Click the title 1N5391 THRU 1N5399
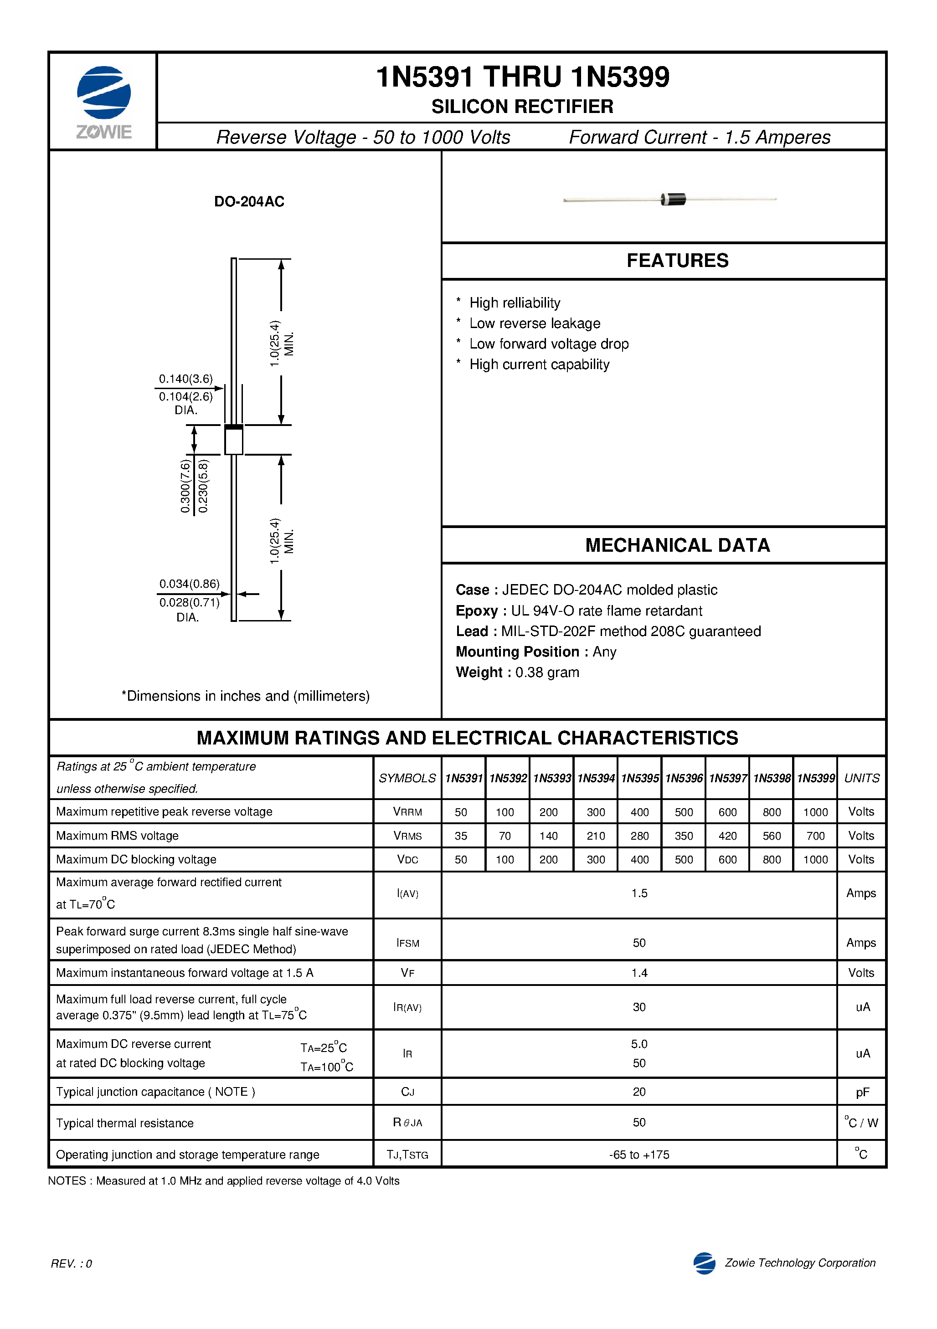[x=522, y=77]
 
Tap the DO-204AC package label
[x=249, y=201]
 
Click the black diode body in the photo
[x=674, y=199]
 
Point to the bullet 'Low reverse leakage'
[x=535, y=323]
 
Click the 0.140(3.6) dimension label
[x=185, y=379]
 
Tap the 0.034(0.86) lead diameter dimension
[x=190, y=584]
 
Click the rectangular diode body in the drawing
[x=233, y=441]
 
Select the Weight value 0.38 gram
[x=547, y=672]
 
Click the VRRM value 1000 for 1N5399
[x=815, y=812]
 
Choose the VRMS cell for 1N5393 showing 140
[x=548, y=836]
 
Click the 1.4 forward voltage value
[x=639, y=973]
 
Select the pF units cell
[x=862, y=1092]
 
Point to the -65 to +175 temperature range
[x=639, y=1155]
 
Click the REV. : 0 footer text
[x=71, y=1263]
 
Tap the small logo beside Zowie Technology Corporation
[x=704, y=1263]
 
